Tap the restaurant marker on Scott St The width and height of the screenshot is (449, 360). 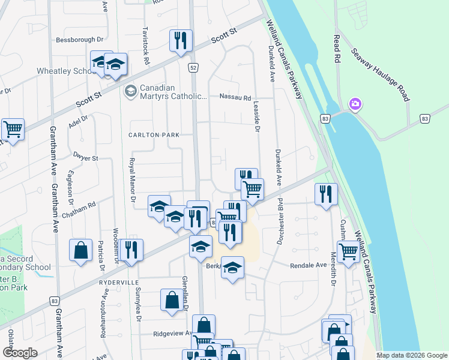pos(181,41)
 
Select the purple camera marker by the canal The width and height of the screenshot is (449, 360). pos(355,105)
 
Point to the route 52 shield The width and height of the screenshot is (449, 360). pos(193,68)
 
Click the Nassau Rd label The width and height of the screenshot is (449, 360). pos(235,96)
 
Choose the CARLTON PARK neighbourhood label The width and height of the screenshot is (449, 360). pos(153,135)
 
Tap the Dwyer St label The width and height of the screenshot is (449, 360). pos(85,158)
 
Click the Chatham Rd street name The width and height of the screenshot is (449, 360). pos(83,205)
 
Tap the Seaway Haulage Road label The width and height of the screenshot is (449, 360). pos(381,74)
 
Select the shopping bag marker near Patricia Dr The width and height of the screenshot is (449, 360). pos(81,251)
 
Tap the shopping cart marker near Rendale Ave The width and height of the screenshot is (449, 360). pos(348,252)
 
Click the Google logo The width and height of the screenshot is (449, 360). pos(20,353)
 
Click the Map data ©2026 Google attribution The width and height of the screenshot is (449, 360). pos(412,355)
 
